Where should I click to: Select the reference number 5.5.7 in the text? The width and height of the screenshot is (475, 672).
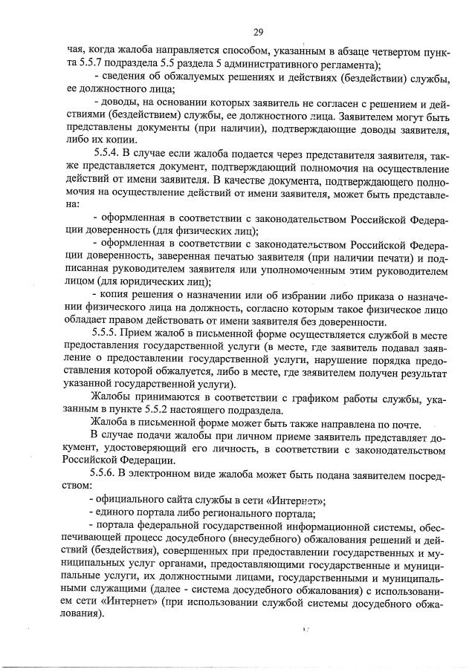pyautogui.click(x=82, y=65)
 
